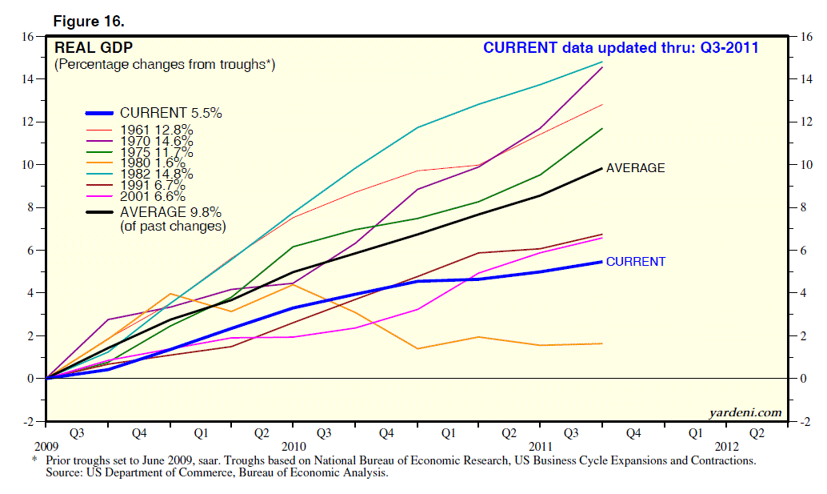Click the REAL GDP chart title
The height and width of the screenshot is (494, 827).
tap(87, 48)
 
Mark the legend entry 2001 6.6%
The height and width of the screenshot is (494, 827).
tap(153, 196)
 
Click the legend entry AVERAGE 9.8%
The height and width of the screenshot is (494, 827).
tap(170, 212)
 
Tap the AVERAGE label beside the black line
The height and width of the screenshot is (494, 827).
tap(635, 168)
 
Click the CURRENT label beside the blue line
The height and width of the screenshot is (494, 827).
tap(635, 262)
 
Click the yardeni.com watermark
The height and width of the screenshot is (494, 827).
tap(745, 412)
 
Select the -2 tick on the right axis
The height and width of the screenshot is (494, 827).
tap(807, 421)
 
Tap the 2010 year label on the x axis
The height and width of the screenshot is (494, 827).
tap(294, 445)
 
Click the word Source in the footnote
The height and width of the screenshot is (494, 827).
tap(65, 473)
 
